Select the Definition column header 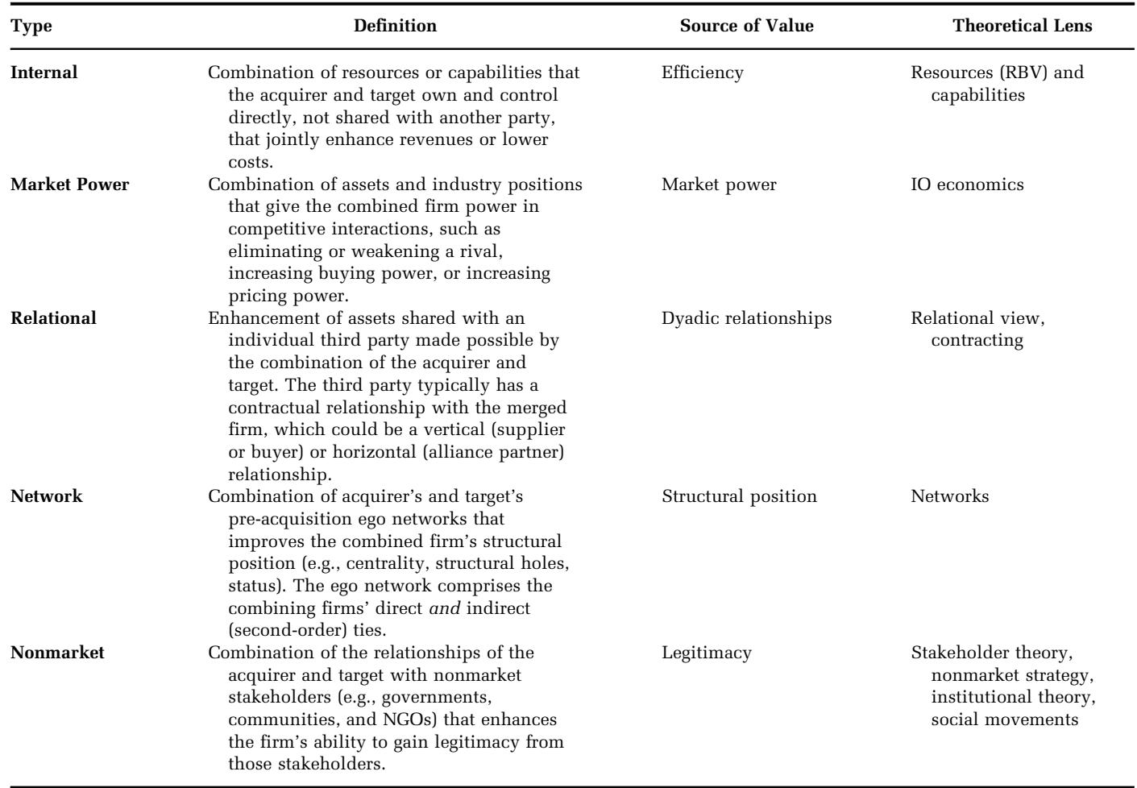(395, 26)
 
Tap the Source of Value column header (746, 26)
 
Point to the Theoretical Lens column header (1022, 26)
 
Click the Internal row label (45, 73)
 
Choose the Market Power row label (70, 185)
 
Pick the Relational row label (54, 318)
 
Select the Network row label (48, 496)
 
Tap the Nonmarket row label (58, 653)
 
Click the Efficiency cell (702, 73)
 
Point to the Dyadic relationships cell (746, 318)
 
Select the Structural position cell (739, 496)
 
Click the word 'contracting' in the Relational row (977, 341)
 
